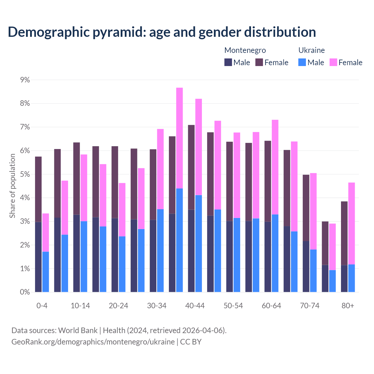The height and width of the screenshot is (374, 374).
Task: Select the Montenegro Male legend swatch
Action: tap(228, 62)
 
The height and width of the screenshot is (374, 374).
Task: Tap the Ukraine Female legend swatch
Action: tap(333, 62)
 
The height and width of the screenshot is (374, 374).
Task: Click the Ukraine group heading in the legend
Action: tap(311, 50)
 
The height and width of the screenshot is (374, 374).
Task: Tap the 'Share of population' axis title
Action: tap(12, 186)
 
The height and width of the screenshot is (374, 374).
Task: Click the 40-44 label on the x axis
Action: tap(195, 306)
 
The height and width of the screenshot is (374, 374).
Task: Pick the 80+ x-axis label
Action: tap(348, 306)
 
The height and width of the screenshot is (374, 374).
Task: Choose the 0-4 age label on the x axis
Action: tap(42, 306)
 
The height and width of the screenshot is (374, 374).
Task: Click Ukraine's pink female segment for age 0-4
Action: tap(46, 233)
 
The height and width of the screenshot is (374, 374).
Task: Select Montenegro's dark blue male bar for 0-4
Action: tap(38, 257)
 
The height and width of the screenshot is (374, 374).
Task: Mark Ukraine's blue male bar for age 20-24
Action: tap(122, 264)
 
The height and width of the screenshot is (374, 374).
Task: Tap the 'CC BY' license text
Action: tap(191, 342)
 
